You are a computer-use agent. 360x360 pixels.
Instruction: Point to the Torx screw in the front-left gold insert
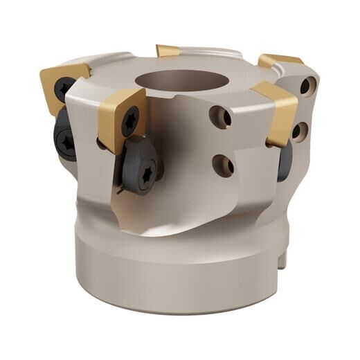pos(129,122)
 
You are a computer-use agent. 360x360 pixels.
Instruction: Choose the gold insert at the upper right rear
pos(280,61)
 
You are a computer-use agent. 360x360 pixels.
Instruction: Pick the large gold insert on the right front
pos(277,111)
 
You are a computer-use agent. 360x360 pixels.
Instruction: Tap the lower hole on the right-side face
pos(299,131)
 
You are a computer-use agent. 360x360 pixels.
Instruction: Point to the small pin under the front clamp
pos(123,188)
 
